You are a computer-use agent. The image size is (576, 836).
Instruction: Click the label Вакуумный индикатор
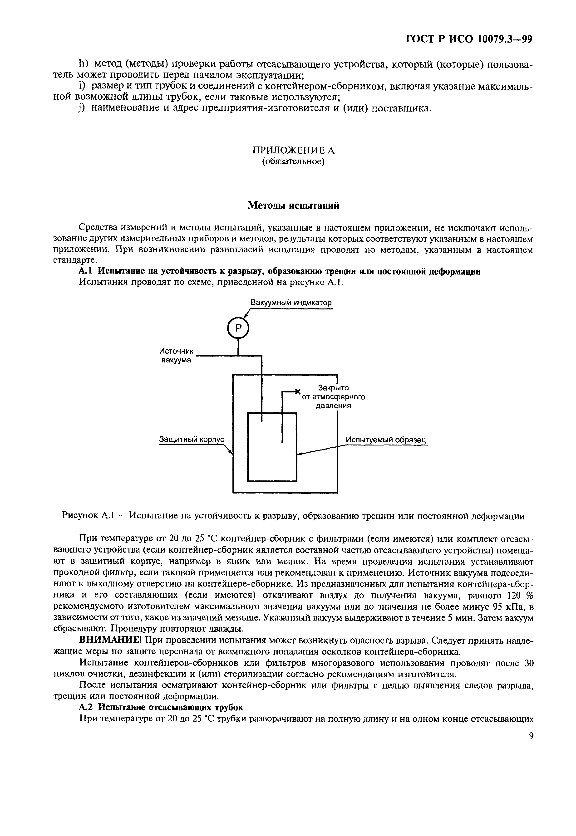291,302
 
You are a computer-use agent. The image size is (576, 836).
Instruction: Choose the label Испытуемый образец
386,440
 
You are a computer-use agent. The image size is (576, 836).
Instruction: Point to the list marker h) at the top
84,64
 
